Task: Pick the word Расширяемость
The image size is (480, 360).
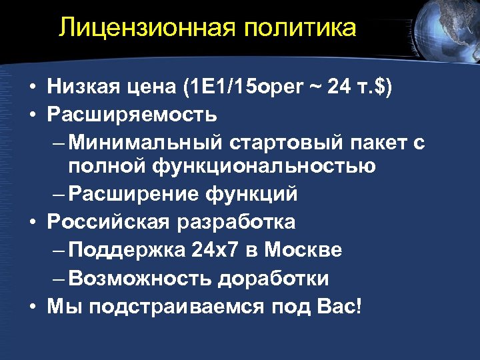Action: click(x=132, y=114)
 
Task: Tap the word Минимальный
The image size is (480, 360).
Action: click(x=146, y=142)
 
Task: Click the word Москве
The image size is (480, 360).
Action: click(x=303, y=249)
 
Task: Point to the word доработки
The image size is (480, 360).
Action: click(x=273, y=278)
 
